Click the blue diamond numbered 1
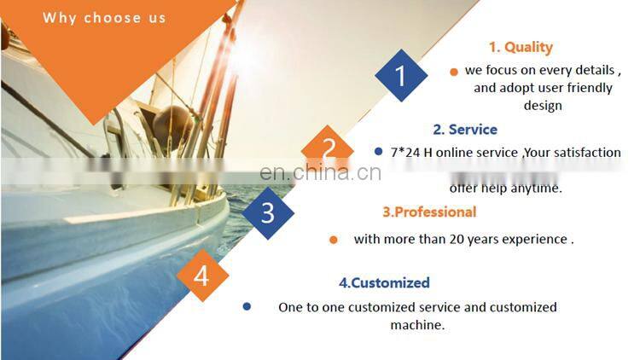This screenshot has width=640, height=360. pos(401,75)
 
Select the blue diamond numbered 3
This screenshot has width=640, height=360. pos(268,212)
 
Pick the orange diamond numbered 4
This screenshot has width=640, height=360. pos(201,276)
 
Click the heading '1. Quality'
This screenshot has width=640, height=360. pos(521,48)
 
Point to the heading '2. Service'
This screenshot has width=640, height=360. pos(464,130)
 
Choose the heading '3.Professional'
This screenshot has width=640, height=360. pos(428,212)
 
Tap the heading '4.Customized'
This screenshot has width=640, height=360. pos(384,282)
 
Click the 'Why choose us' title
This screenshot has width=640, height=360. pos(104,17)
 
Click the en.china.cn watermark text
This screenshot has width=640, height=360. pos(320,173)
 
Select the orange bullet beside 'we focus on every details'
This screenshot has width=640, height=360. pos(454,72)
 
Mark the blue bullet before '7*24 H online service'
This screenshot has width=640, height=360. pos(378,152)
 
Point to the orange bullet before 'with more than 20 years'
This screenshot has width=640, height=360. pos(333,240)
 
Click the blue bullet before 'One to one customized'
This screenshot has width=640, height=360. pos(247,306)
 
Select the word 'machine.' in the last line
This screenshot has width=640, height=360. pos(418,325)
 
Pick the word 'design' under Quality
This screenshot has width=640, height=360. pos(542,106)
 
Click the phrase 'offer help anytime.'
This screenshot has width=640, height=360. pos(506,189)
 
